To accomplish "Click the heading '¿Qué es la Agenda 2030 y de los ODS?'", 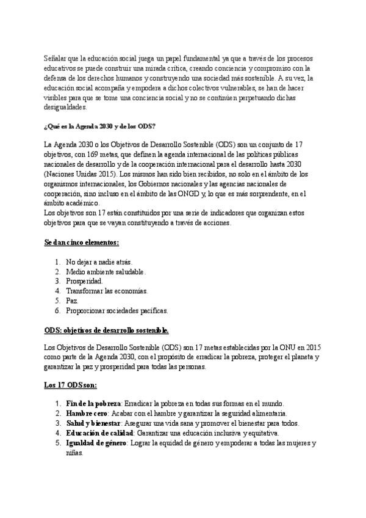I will (x=99, y=126).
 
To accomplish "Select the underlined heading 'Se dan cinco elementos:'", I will (x=81, y=243).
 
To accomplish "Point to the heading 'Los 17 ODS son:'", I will (x=70, y=386).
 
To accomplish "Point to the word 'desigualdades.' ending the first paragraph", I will (x=66, y=106).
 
